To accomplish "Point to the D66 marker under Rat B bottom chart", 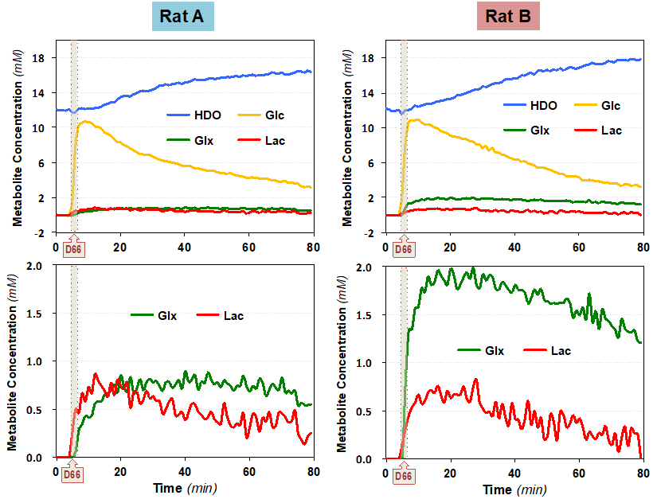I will pyautogui.click(x=403, y=475).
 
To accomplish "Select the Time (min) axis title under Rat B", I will pyautogui.click(x=515, y=489).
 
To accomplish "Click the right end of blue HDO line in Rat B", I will pyautogui.click(x=640, y=60).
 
